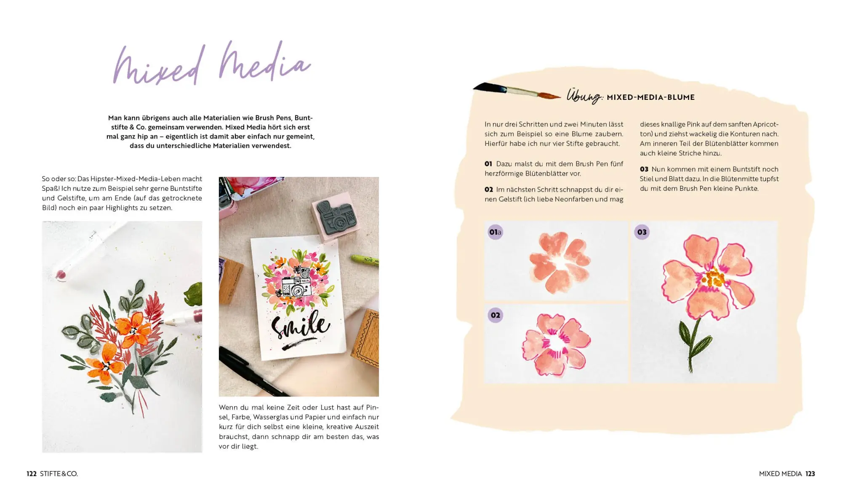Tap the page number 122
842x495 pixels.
click(x=32, y=474)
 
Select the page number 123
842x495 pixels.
click(x=810, y=474)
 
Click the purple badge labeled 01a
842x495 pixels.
click(x=495, y=232)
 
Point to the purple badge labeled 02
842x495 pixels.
click(x=495, y=315)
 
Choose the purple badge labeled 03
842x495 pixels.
click(x=642, y=232)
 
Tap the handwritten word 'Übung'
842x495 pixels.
click(x=584, y=96)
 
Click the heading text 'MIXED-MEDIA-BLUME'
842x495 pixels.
click(x=650, y=97)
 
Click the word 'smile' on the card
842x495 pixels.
click(x=301, y=326)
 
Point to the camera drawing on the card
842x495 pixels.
click(x=296, y=283)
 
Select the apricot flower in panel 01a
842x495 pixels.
click(x=559, y=262)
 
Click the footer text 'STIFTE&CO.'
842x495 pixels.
click(x=59, y=474)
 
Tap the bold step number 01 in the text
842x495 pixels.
click(x=488, y=164)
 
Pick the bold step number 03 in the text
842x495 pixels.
click(x=644, y=169)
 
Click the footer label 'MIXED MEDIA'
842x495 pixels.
click(x=780, y=474)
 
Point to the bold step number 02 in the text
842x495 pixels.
click(x=489, y=190)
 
